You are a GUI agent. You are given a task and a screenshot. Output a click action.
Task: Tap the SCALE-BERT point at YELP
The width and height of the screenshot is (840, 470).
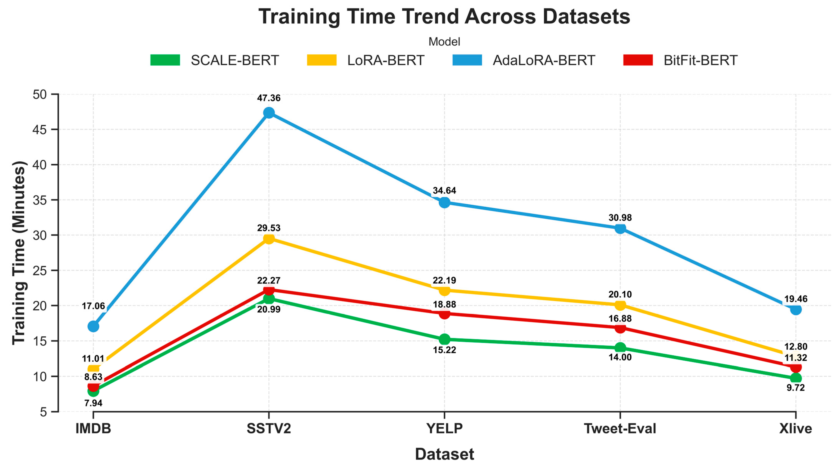click(x=445, y=339)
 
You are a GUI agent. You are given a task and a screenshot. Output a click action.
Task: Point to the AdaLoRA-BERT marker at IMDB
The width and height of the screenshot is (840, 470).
click(x=93, y=326)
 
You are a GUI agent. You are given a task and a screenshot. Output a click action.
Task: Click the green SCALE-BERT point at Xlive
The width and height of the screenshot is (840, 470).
click(x=796, y=378)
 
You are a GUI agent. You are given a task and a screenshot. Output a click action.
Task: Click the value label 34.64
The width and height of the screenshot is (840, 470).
click(x=445, y=190)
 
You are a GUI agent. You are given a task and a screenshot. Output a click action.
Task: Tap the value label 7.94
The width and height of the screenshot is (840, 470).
click(x=93, y=403)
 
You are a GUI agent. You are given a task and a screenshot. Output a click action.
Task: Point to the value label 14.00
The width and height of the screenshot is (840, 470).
click(x=620, y=357)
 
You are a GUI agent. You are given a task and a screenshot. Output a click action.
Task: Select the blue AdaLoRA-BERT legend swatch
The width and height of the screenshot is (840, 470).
click(x=467, y=60)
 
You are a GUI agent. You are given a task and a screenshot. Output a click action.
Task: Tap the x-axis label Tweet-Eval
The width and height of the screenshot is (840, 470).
click(x=620, y=428)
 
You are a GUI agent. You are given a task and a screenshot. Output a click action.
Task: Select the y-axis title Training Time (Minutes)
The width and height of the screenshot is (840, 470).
click(x=19, y=253)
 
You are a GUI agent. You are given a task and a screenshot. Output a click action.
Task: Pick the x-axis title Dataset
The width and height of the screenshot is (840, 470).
click(x=445, y=454)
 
